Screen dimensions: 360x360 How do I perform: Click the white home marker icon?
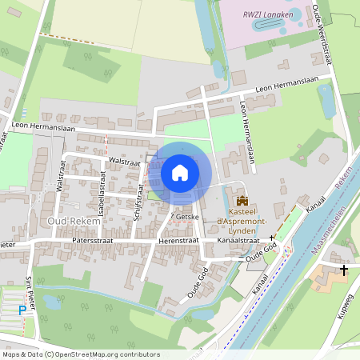[180, 172]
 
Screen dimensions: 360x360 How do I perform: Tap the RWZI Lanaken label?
[269, 14]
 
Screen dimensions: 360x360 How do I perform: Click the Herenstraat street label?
[178, 239]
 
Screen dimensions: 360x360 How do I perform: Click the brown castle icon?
[242, 201]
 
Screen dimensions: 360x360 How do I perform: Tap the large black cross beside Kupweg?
[344, 271]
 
